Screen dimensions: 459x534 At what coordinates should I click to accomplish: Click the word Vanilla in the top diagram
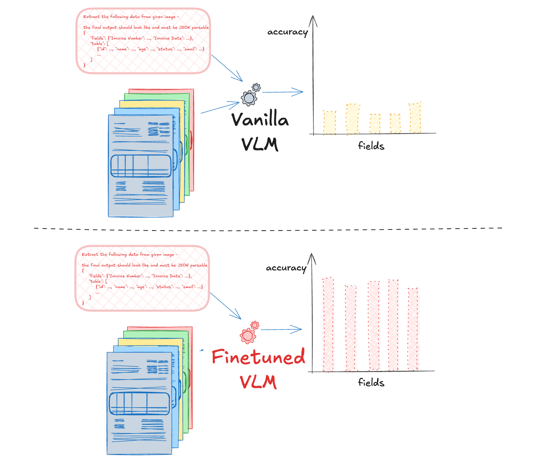(260, 120)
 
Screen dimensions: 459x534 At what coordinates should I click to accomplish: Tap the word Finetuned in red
(258, 357)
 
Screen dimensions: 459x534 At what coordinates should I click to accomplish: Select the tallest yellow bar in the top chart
(415, 118)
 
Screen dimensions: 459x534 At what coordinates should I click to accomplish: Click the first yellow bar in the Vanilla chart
(330, 122)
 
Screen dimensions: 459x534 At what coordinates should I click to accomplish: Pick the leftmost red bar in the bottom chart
(328, 324)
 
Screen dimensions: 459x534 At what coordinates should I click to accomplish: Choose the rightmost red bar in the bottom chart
(413, 329)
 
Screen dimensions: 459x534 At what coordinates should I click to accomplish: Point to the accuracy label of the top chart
(287, 32)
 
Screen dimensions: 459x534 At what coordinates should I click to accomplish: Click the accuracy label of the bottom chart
(286, 268)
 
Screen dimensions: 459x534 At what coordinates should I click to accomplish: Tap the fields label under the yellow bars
(371, 146)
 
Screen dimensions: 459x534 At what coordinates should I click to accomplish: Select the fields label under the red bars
(371, 382)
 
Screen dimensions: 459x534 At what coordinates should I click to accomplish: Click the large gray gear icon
(249, 98)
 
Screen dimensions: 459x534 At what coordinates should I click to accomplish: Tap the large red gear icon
(248, 336)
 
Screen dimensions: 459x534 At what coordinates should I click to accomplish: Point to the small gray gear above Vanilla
(256, 87)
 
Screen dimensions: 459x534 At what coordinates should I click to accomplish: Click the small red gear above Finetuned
(255, 325)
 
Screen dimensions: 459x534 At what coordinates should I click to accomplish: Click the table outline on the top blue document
(141, 166)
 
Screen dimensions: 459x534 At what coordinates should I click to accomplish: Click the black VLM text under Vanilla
(260, 144)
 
